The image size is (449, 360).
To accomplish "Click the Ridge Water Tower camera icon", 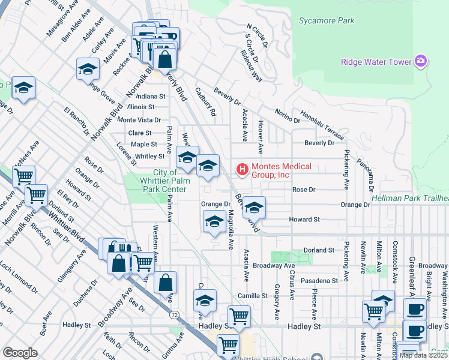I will [x=421, y=62].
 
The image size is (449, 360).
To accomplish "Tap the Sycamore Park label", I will [x=327, y=20].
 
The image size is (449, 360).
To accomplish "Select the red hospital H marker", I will [x=243, y=170].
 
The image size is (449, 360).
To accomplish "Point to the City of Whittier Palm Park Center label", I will [x=161, y=181].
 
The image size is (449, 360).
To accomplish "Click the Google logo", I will [x=20, y=353].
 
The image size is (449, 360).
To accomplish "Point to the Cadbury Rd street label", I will [x=205, y=102].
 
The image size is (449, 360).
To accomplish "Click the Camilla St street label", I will [x=252, y=296].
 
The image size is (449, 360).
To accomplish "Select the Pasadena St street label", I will [x=319, y=280].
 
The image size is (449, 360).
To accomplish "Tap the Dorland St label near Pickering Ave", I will [x=318, y=250].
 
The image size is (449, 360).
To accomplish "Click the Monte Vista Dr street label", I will [x=139, y=119].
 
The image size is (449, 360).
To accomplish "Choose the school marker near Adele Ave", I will [x=88, y=69].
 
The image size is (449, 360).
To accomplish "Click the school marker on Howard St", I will [x=254, y=208].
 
